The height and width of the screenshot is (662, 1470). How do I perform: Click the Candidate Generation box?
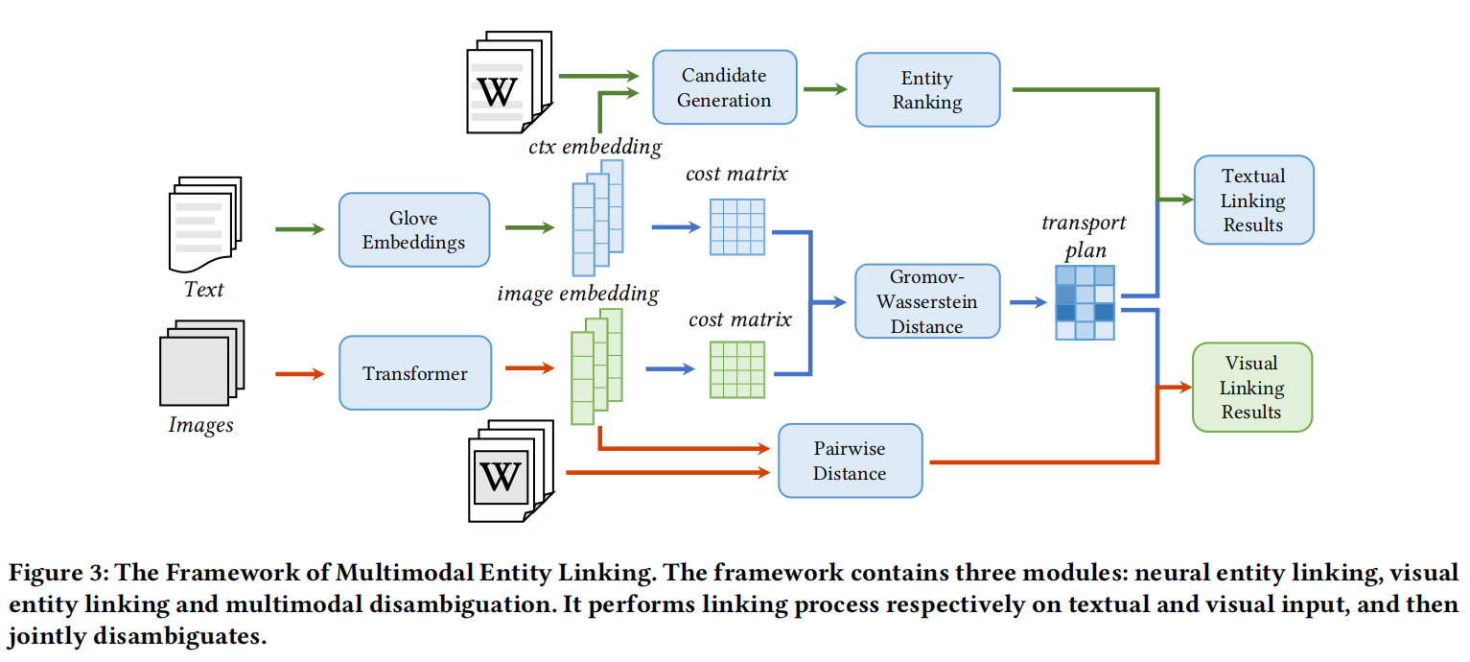click(x=724, y=87)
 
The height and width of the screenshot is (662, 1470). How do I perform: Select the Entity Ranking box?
click(x=927, y=90)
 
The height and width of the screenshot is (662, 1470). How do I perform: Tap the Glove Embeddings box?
click(x=413, y=229)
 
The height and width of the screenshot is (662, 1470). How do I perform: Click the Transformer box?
click(x=414, y=372)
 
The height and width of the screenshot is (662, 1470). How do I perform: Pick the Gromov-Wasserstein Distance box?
click(x=926, y=301)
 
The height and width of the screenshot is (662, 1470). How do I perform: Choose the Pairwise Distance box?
click(x=850, y=461)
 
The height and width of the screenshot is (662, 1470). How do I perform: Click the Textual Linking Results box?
click(x=1252, y=201)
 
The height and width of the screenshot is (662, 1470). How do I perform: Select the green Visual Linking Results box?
click(x=1251, y=387)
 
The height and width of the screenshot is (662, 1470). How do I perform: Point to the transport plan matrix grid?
click(x=1085, y=302)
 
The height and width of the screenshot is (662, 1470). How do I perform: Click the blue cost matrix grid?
click(x=737, y=226)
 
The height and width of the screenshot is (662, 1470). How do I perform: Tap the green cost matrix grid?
click(x=737, y=369)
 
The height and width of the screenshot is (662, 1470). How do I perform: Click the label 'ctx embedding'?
click(x=595, y=148)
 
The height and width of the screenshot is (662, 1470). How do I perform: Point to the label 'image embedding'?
click(x=577, y=293)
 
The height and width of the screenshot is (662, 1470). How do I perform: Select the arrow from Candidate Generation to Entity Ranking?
click(x=826, y=89)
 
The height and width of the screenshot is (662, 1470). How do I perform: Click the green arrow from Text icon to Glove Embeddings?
click(x=300, y=229)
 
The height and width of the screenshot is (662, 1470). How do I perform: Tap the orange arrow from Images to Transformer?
click(x=300, y=372)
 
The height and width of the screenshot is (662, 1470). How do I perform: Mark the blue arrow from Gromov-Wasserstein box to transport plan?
click(x=1027, y=301)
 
